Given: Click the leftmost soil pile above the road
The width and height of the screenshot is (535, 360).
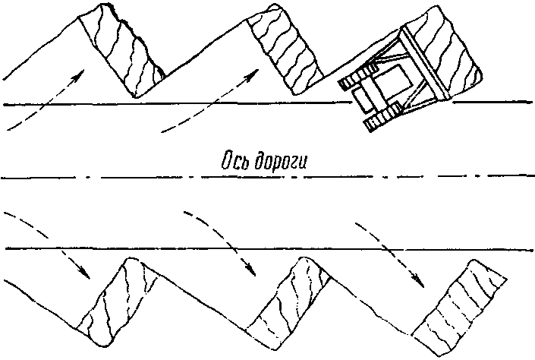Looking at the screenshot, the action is click(121, 49).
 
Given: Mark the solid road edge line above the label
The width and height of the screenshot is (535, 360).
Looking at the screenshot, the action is click(190, 105).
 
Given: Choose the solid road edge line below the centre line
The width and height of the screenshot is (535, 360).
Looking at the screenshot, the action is click(190, 248).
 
